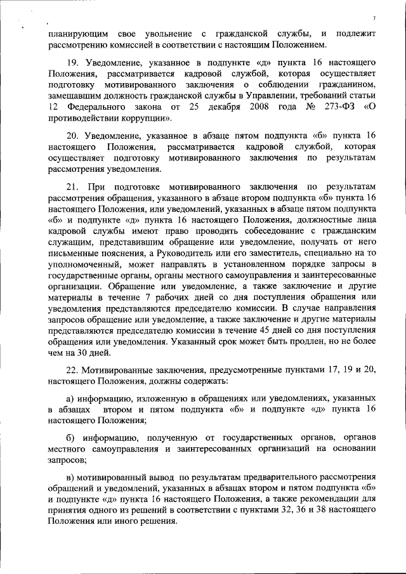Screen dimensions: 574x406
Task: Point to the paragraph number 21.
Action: [72, 186]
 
